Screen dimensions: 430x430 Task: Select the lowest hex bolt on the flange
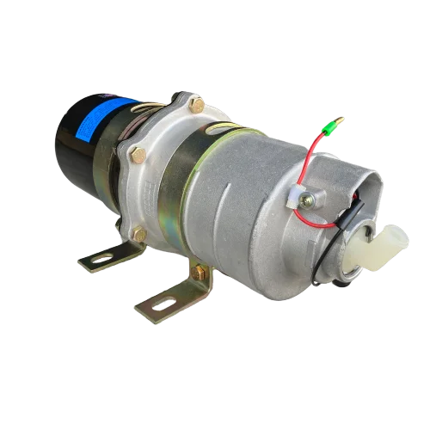pos(139,233)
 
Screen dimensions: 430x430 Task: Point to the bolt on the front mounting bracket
pos(199,273)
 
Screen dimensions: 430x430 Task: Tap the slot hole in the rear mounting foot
pos(101,256)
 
